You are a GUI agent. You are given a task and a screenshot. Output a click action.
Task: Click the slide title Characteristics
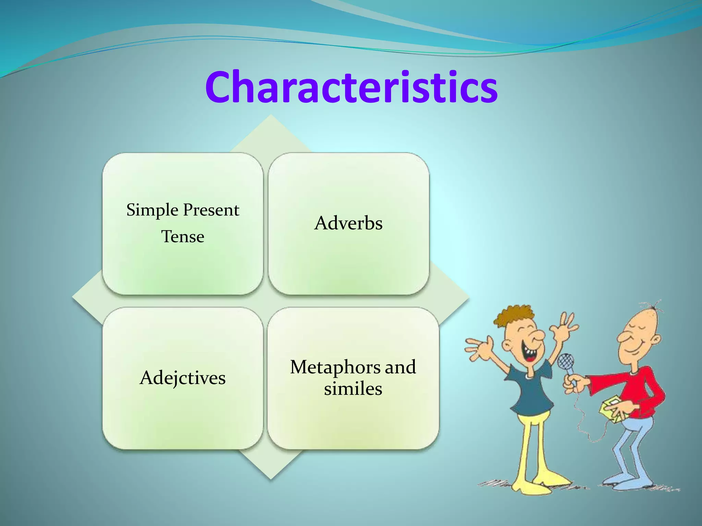351,87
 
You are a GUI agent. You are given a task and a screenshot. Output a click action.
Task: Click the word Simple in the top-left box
152,210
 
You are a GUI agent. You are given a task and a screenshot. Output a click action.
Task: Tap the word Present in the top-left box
211,210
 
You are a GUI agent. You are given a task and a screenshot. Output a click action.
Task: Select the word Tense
183,237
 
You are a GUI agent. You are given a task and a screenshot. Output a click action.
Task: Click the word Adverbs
348,223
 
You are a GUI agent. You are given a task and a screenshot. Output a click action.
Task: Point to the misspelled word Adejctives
183,378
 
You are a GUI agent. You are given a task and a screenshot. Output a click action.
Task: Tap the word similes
353,389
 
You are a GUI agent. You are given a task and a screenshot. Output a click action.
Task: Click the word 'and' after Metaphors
400,367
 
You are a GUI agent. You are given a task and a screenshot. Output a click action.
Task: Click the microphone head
565,362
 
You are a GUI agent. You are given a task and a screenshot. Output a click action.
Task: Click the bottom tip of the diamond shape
271,478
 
